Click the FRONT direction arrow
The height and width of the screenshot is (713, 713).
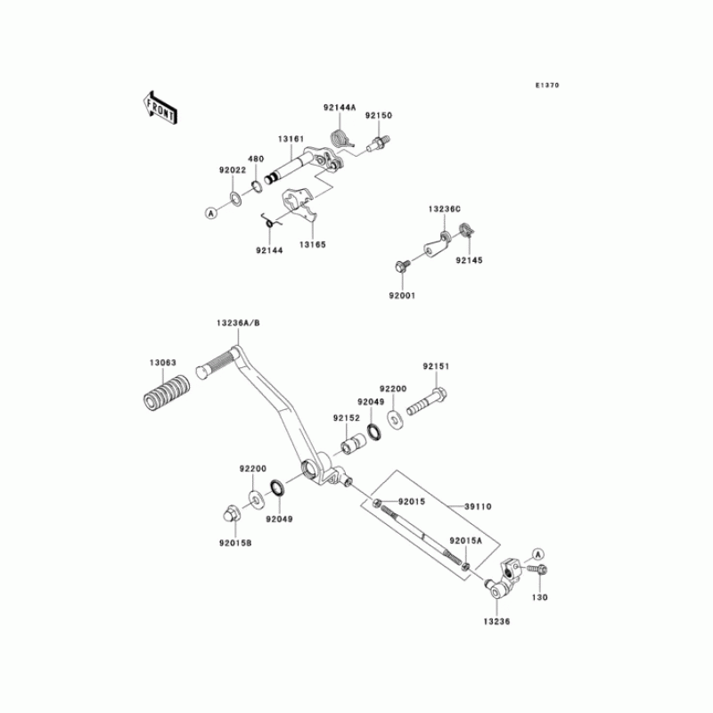(159, 106)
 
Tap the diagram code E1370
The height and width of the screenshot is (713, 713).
(546, 86)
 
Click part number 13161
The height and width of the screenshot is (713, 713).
(291, 139)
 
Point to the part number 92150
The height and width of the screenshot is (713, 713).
(377, 115)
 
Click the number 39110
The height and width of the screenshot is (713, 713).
(478, 505)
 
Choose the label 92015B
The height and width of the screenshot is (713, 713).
(237, 542)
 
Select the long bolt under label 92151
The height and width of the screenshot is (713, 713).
(427, 402)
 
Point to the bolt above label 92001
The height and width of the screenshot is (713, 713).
(401, 266)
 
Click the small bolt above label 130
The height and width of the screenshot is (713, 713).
(539, 569)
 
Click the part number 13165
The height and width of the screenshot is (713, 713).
(311, 243)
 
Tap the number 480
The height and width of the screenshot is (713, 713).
(256, 159)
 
